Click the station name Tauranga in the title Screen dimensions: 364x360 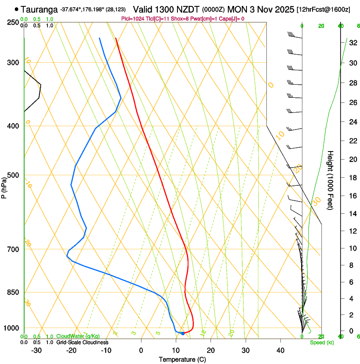39,9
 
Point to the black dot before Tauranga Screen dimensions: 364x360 17,9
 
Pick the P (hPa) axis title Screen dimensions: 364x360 4,187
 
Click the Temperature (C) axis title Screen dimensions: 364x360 182,359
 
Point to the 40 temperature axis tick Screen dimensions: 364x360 280,350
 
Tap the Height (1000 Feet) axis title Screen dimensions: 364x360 330,180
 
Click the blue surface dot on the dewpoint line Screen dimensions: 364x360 183,334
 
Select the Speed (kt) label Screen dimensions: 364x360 321,342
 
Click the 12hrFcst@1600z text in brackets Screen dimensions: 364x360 323,9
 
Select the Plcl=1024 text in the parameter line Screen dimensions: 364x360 133,19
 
